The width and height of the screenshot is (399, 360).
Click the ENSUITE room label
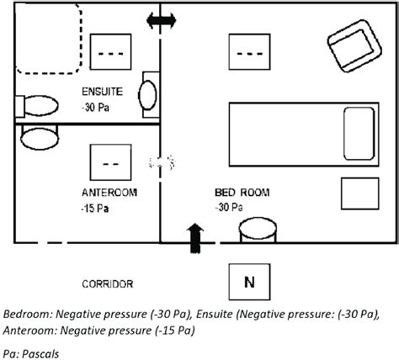[x=102, y=92]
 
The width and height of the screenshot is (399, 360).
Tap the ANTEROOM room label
[x=109, y=193]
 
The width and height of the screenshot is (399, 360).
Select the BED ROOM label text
[x=242, y=193]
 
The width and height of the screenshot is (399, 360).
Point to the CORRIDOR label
[x=108, y=284]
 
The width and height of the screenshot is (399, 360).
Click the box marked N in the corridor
[x=249, y=282]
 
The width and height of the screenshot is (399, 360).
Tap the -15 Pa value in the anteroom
[x=95, y=209]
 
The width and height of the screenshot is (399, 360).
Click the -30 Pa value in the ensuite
[x=95, y=108]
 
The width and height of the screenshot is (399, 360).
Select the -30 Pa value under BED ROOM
[x=229, y=208]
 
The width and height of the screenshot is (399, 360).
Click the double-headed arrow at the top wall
[x=162, y=20]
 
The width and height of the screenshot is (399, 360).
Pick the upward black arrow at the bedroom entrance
[x=195, y=238]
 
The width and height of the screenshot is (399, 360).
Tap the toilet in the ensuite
[x=36, y=106]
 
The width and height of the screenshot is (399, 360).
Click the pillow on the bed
[x=359, y=134]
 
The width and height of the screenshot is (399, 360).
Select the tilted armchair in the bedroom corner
[x=354, y=46]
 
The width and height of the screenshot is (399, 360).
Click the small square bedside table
[x=360, y=193]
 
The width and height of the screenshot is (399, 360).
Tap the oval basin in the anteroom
[x=40, y=138]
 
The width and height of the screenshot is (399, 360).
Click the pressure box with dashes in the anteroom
[x=110, y=162]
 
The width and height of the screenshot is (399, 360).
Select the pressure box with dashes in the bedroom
[x=249, y=52]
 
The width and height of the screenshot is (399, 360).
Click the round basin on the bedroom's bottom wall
[x=258, y=230]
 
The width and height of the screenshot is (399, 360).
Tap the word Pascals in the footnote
[x=40, y=354]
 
